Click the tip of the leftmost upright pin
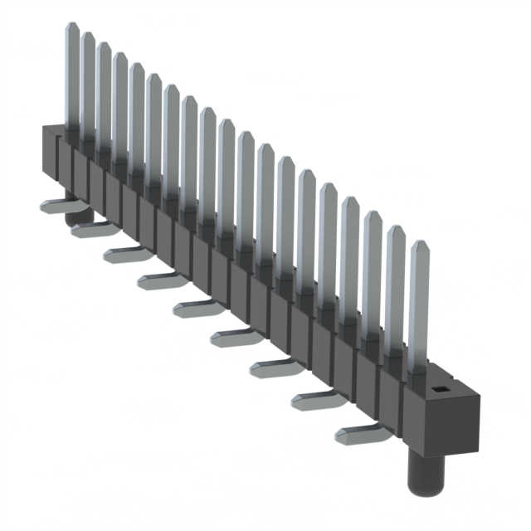[72, 27]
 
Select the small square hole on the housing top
[441, 387]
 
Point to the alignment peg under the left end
[78, 217]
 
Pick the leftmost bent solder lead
[58, 206]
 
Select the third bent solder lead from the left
[125, 252]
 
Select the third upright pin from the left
[104, 91]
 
